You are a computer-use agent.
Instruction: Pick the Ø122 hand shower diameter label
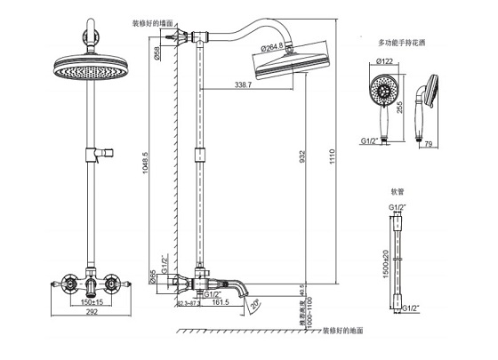[x=385, y=61]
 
